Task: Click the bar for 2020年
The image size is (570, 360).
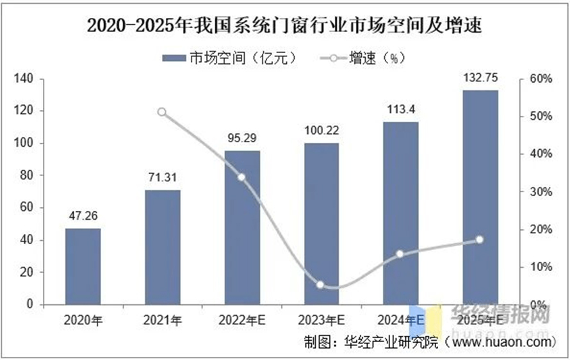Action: (83, 266)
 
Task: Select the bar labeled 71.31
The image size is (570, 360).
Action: (162, 247)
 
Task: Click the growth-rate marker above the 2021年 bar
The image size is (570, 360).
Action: (162, 112)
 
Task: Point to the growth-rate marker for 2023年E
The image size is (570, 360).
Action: (321, 285)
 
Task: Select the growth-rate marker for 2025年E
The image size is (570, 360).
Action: (480, 240)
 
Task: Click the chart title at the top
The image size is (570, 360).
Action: (284, 26)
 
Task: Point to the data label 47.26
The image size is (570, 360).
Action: (83, 215)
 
